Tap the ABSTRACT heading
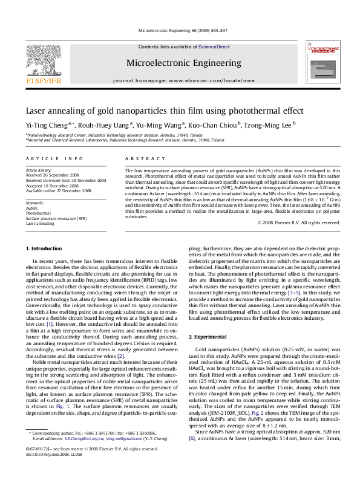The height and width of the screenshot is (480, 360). coord(142,158)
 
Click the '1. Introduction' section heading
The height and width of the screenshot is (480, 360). coord(44,265)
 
